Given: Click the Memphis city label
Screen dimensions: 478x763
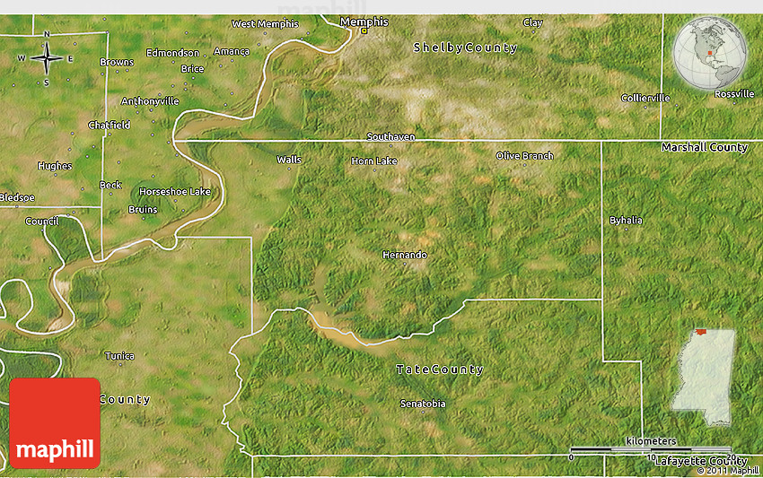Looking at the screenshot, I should [x=364, y=21].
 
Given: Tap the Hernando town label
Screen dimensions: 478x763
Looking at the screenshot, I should [x=404, y=255].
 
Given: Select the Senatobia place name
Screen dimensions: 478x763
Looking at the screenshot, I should [x=422, y=404].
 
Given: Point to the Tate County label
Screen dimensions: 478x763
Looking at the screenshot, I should [x=440, y=369].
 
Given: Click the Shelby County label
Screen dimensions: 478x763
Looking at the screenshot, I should [x=465, y=48].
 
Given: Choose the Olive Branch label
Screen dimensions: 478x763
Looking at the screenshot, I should [x=524, y=156].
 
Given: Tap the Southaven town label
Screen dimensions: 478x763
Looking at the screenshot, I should [x=390, y=136].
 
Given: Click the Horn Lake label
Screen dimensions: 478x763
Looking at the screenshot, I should [x=373, y=161].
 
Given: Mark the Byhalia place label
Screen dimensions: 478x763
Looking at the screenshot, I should [x=626, y=220].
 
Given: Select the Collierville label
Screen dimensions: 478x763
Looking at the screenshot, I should [x=645, y=98].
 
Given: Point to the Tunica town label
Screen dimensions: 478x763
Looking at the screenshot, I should [x=119, y=356].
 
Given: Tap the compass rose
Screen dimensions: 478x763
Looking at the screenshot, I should [x=46, y=59].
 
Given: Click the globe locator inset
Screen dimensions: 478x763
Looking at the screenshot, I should [x=710, y=56].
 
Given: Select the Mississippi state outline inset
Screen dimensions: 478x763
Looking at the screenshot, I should [x=705, y=376].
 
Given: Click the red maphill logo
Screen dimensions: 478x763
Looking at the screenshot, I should [x=55, y=423].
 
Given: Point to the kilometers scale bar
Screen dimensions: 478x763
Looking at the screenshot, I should [x=650, y=448].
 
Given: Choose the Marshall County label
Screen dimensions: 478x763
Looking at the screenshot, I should [x=704, y=147].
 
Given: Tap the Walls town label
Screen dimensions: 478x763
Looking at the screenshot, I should [x=289, y=160].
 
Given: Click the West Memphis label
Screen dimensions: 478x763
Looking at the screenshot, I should [x=265, y=24].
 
